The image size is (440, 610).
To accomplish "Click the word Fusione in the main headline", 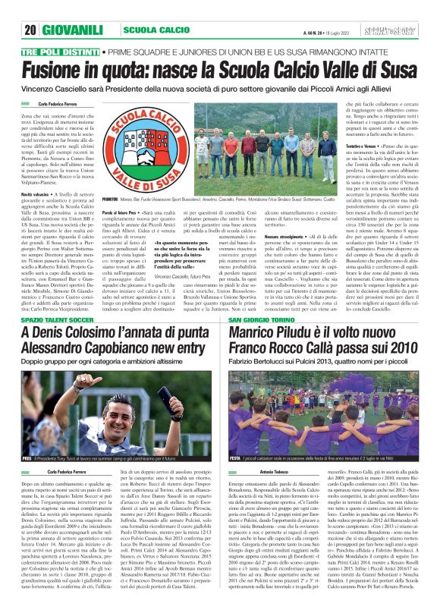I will [x=62, y=70].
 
